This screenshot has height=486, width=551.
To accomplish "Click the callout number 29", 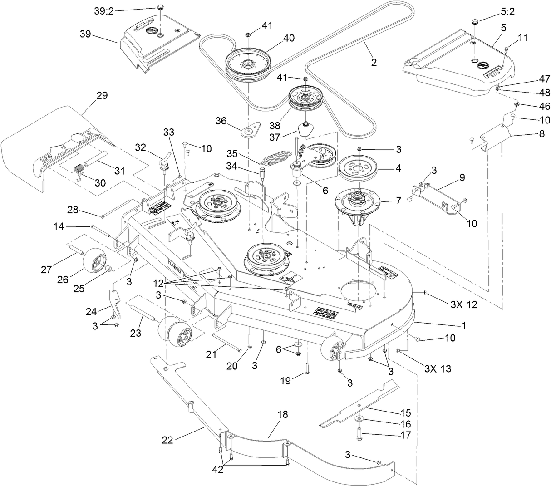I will coord(102,96).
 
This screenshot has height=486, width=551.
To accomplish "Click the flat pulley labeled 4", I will coord(361,167).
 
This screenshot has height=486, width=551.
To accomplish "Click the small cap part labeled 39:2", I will coord(160,7).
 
